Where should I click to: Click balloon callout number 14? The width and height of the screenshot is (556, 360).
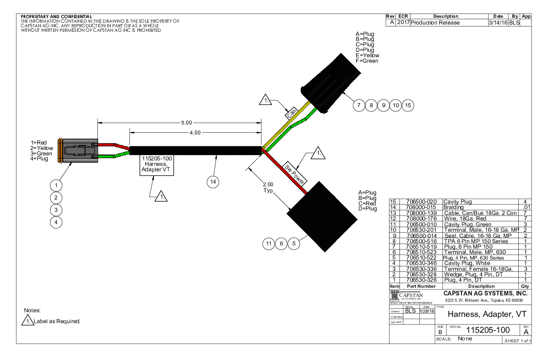212,181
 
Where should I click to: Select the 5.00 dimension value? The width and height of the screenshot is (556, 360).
187,122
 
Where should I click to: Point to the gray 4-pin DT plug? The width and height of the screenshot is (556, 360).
79,150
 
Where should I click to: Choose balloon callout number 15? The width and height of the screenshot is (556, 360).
408,105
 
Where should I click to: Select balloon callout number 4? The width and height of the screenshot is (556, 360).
55,222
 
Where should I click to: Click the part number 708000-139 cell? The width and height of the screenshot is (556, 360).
420,213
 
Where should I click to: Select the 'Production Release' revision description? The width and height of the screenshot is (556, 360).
435,23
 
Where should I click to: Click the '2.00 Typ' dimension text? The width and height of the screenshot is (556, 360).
268,187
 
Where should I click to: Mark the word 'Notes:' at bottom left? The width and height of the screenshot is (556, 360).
32,310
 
